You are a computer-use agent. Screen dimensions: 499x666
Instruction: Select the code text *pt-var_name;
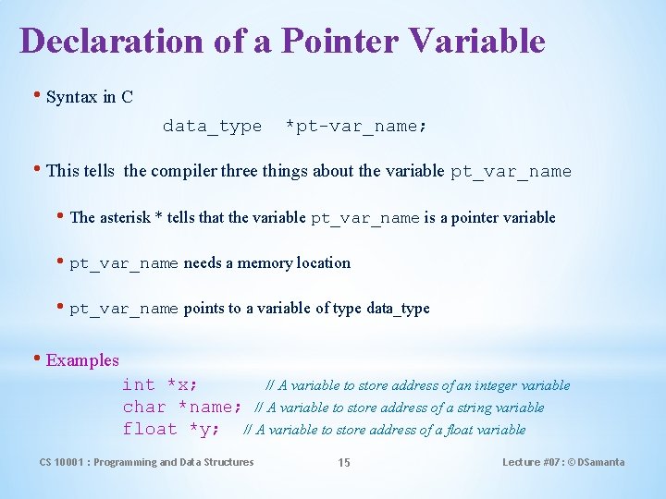(356, 127)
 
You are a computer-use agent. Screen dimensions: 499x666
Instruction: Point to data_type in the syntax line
(212, 127)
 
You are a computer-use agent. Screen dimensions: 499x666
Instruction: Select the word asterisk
(124, 218)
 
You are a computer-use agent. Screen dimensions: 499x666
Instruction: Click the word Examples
(82, 360)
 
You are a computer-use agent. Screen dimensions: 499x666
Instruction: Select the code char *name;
(182, 408)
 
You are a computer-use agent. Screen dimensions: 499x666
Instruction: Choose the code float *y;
(171, 430)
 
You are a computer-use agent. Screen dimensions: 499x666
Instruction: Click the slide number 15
(344, 463)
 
